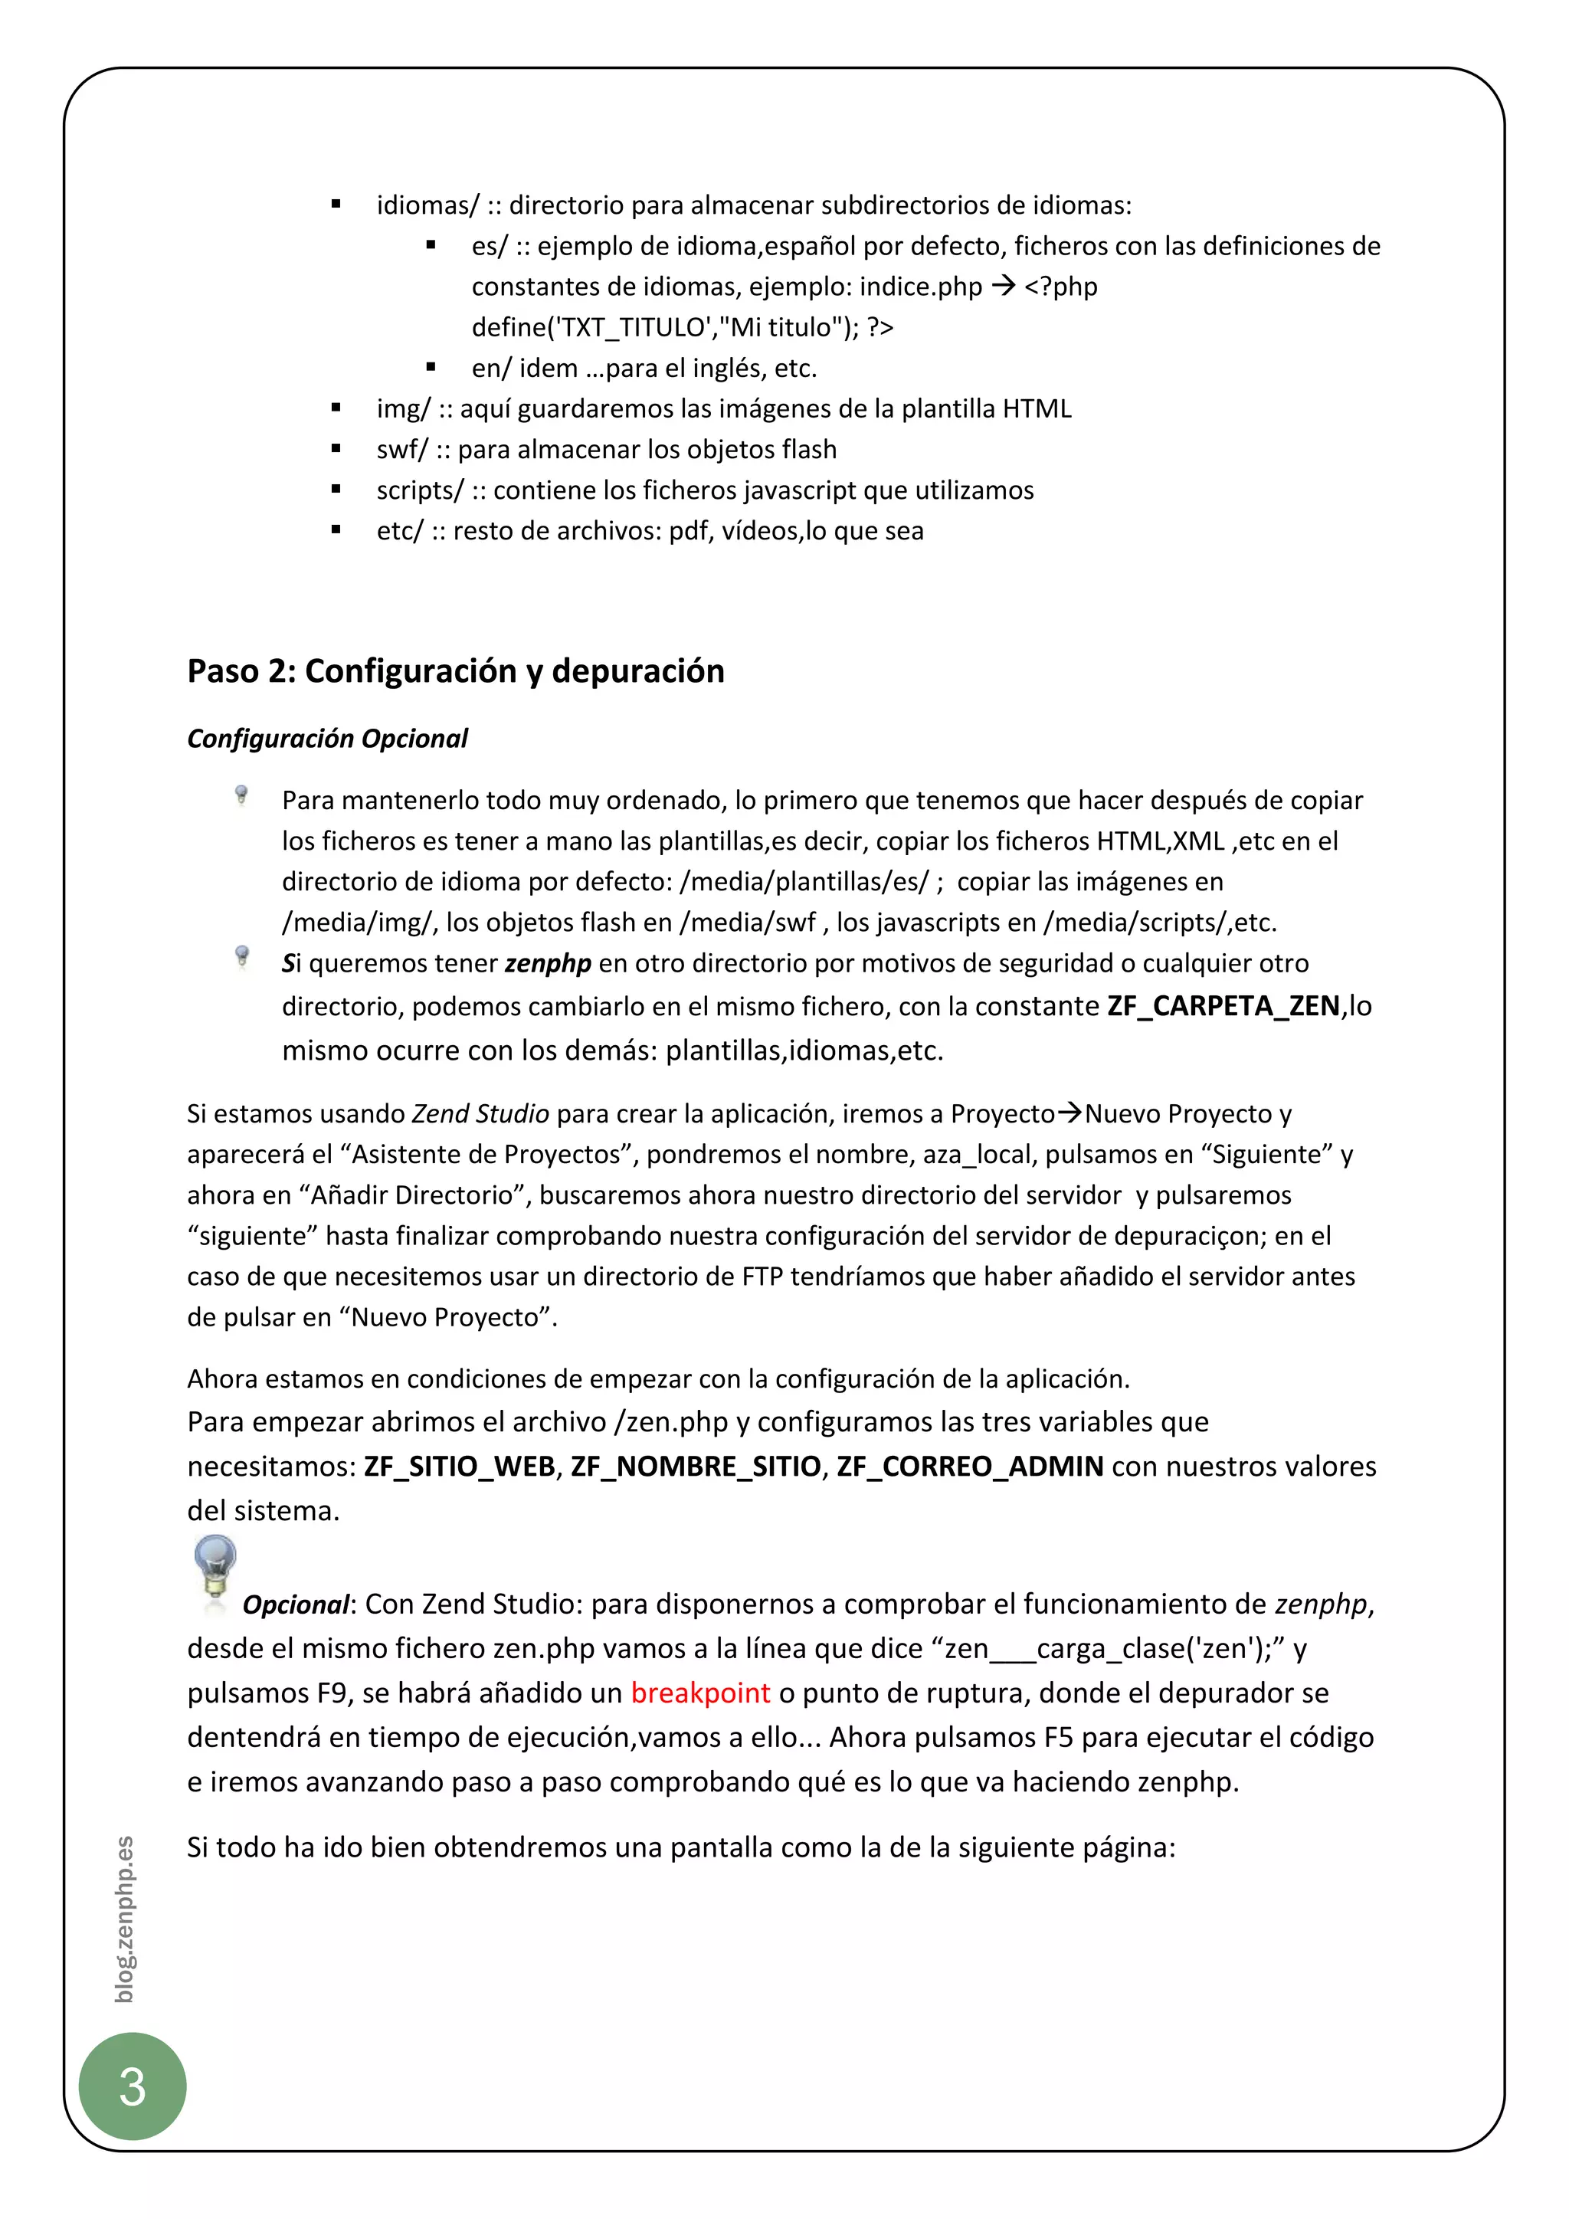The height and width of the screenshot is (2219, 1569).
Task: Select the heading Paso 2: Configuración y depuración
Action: click(455, 670)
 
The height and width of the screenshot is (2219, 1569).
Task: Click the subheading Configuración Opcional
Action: click(326, 739)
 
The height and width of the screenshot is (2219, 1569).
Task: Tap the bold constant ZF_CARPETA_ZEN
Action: click(1223, 1006)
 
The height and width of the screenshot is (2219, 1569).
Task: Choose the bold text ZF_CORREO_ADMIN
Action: click(969, 1466)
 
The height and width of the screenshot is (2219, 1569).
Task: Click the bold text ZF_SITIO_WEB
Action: click(459, 1466)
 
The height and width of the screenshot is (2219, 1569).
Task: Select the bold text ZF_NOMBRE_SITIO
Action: click(695, 1466)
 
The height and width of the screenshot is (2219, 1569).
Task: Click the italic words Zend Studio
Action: click(480, 1113)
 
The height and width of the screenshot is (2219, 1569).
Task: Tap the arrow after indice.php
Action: click(1003, 286)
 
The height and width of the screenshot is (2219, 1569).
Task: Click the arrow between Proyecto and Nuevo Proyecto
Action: click(1069, 1113)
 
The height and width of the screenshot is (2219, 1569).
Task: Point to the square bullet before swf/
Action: click(336, 450)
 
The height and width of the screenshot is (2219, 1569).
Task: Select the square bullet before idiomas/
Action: click(336, 205)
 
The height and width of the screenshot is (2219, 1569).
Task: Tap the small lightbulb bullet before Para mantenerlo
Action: click(241, 795)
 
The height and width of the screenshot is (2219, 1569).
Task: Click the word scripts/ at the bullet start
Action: click(419, 490)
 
